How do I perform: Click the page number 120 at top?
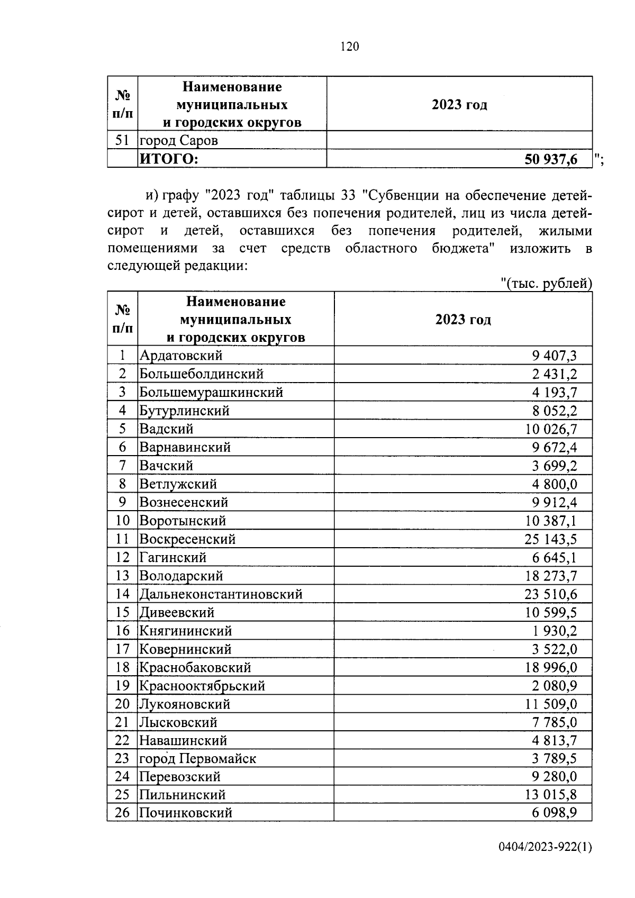point(349,47)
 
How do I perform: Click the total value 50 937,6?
point(551,159)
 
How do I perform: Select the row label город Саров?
point(179,141)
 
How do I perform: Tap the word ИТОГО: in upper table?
point(168,159)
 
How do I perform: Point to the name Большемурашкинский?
point(211,392)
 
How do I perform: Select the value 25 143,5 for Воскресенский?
point(551,539)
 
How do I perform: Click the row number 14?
point(122,594)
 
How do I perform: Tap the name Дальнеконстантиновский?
point(221,594)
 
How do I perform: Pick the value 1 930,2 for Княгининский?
point(555,631)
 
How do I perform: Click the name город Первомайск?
point(197,758)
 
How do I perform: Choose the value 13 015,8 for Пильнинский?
point(551,795)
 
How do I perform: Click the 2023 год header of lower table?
point(463,320)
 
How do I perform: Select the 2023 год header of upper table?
point(459,105)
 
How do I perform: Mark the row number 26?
point(122,813)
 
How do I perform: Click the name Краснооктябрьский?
point(202,686)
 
